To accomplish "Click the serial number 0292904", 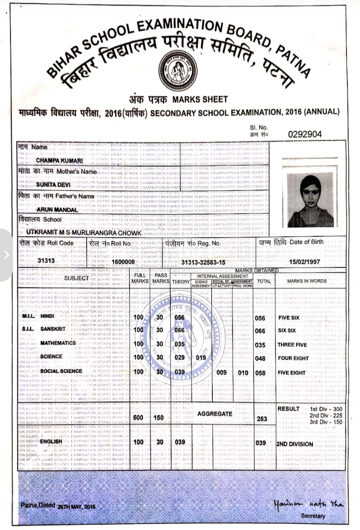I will [305, 134].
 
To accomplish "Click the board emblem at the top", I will [177, 71].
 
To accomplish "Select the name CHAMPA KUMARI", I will [59, 161].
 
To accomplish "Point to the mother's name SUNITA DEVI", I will [53, 185].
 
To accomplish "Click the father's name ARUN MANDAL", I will [57, 210].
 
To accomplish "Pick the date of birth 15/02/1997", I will [304, 262].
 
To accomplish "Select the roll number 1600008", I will [123, 262].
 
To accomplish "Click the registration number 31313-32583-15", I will [203, 263].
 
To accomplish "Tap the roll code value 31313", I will [46, 261].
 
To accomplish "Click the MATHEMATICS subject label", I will [58, 343].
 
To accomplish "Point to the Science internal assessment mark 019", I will [201, 358].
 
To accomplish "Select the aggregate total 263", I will [262, 419].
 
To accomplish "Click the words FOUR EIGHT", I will [293, 358].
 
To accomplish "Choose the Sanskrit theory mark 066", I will [179, 330].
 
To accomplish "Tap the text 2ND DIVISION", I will [295, 444].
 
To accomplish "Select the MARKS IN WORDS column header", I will [307, 281].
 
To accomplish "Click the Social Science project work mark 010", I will [243, 373].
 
